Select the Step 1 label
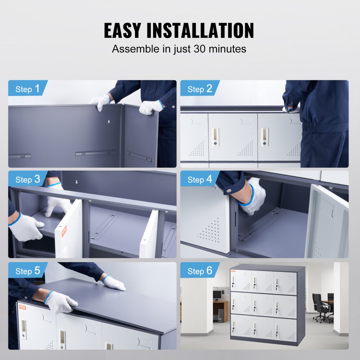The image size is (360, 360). coord(28,89)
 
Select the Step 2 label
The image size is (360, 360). coord(200,89)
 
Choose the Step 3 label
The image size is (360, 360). coord(28,179)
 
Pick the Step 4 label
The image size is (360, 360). coord(200,179)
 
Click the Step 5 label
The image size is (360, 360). coord(28,271)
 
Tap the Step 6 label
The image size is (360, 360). coord(200,271)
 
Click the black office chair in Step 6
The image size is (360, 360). coord(320,308)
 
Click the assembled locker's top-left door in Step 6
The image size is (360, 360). coord(241,280)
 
